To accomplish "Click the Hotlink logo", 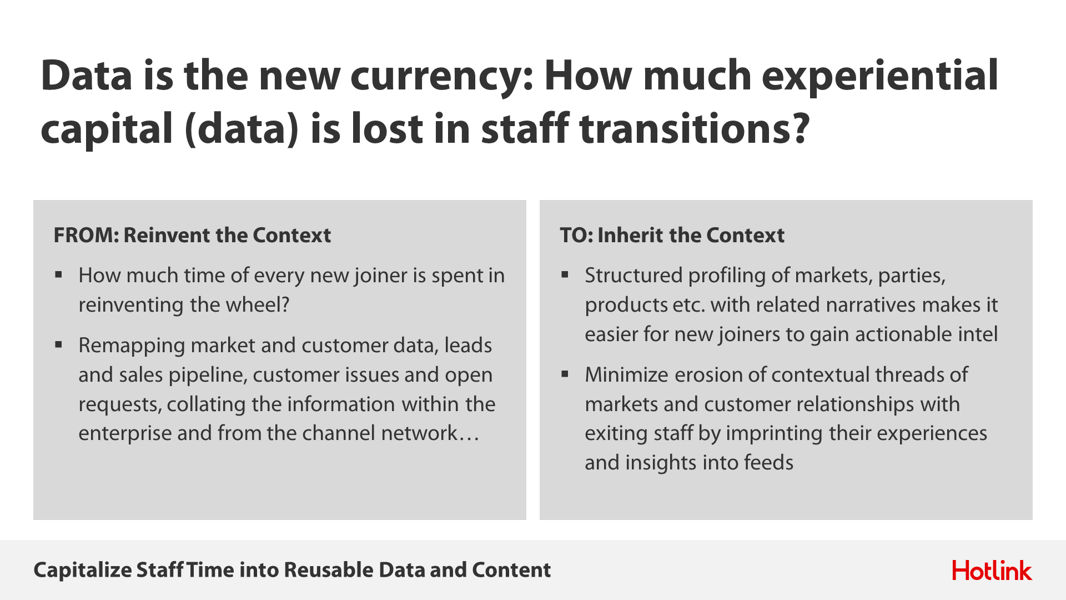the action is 992,571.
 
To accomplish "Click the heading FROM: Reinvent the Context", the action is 192,236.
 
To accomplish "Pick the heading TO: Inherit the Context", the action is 672,236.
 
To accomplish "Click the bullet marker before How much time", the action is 59,274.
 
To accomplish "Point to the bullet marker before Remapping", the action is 59,344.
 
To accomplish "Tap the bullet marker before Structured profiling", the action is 565,274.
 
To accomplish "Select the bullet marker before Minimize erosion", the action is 565,374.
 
